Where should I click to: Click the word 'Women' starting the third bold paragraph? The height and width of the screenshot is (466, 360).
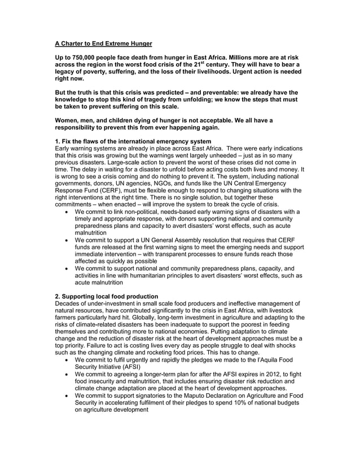pyautogui.click(x=69, y=120)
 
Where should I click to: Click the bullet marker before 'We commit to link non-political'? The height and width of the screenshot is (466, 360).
pyautogui.click(x=68, y=212)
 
